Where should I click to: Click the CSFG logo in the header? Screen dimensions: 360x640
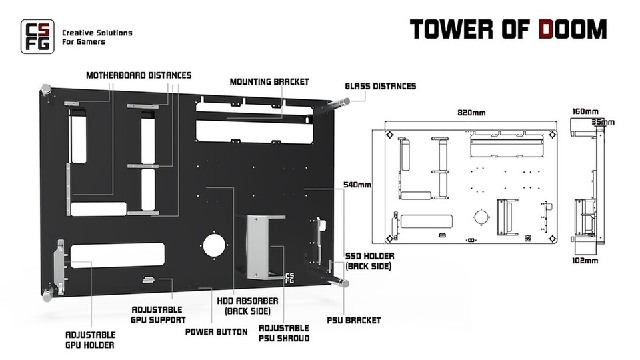click(36, 36)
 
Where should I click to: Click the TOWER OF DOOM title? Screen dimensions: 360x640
click(507, 30)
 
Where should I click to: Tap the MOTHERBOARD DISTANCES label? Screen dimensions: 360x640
click(139, 75)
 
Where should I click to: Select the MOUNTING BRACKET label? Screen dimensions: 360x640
click(269, 82)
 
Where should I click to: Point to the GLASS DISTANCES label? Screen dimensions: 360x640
click(380, 86)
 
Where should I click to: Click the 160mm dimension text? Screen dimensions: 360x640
click(585, 111)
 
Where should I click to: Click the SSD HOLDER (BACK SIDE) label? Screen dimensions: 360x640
click(369, 261)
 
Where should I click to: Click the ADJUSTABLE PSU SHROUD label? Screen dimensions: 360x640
click(283, 333)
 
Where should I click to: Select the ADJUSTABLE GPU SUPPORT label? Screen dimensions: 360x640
click(158, 315)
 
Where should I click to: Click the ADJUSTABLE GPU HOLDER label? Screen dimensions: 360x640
click(90, 339)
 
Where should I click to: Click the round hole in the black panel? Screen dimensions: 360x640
click(215, 245)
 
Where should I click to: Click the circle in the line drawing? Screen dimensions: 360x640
click(480, 217)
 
